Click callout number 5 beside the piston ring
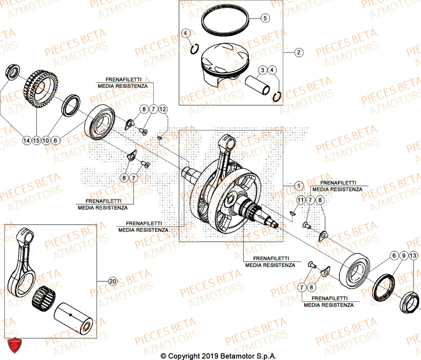coord(264,18)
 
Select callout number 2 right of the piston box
coord(298,53)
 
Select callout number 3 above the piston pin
coord(262,70)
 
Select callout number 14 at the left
coord(27,140)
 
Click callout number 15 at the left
coord(37,140)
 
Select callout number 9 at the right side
coord(403,256)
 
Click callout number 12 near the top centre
coord(163,109)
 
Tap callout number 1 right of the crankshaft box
coord(298,185)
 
